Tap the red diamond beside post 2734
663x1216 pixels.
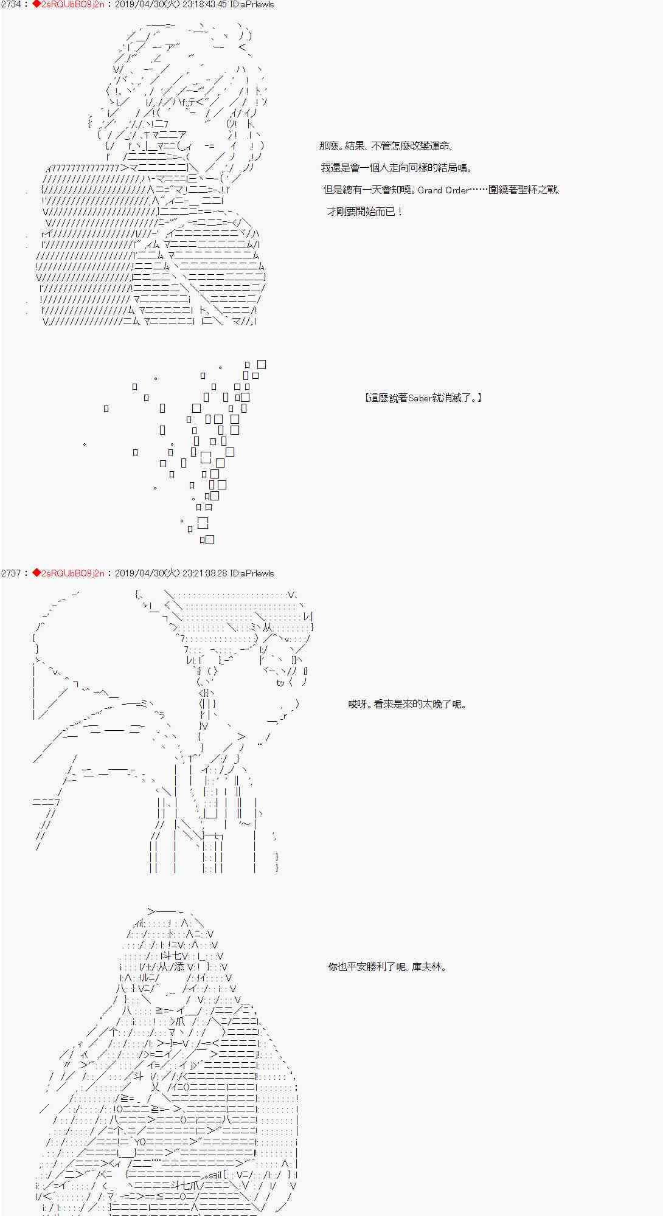click(x=36, y=4)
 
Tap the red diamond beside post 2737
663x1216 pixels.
click(x=36, y=573)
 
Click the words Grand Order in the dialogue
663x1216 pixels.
click(x=443, y=190)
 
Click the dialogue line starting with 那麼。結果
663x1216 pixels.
click(x=386, y=147)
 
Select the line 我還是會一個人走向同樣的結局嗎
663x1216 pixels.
click(x=397, y=168)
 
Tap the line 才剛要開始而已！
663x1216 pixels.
click(x=364, y=212)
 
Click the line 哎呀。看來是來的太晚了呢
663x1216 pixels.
click(x=407, y=705)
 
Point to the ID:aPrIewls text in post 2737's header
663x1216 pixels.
click(x=252, y=573)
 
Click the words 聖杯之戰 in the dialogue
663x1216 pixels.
click(x=536, y=190)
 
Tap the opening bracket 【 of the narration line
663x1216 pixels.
click(x=367, y=398)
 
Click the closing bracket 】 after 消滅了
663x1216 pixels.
click(x=480, y=398)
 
